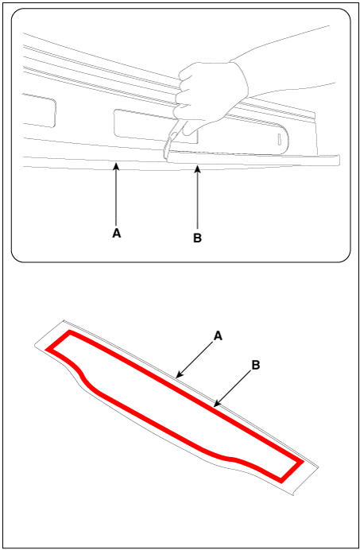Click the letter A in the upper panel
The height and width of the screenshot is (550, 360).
(x=117, y=233)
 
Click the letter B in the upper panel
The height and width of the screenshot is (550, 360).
(x=198, y=238)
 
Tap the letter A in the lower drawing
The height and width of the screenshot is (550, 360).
(x=218, y=336)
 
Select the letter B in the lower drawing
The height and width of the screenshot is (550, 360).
(x=256, y=365)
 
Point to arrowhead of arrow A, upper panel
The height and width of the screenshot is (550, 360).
(x=117, y=165)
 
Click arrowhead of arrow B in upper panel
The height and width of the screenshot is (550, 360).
(x=198, y=168)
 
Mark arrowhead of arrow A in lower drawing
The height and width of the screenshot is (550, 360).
(x=178, y=376)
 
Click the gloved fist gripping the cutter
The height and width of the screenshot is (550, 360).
(x=211, y=95)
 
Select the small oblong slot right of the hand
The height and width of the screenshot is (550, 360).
(x=280, y=139)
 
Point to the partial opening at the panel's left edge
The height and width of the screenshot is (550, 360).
(x=39, y=110)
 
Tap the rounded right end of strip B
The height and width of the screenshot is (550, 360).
(x=339, y=160)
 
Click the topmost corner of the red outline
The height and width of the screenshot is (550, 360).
(x=70, y=331)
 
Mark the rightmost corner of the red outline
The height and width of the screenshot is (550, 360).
(x=301, y=463)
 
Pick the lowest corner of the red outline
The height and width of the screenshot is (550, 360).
(x=281, y=481)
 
